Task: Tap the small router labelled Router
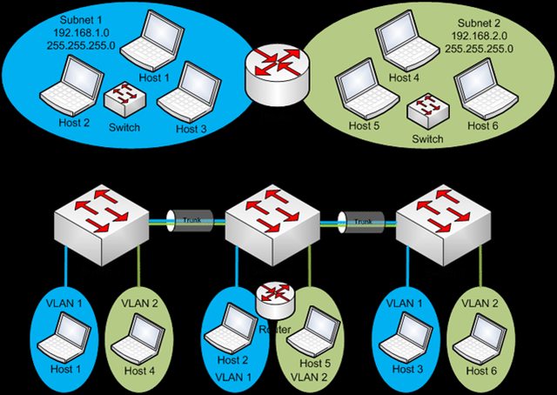pyautogui.click(x=274, y=298)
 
